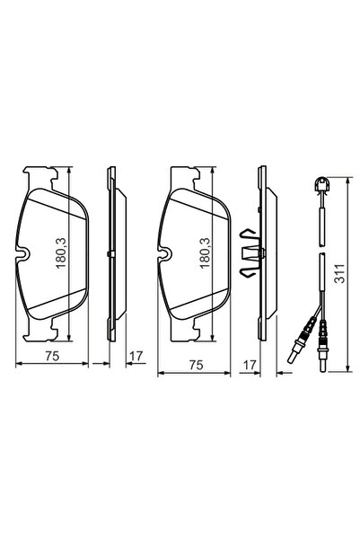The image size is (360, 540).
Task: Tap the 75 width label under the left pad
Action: (53, 357)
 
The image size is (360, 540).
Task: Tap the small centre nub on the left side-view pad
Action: (108, 254)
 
